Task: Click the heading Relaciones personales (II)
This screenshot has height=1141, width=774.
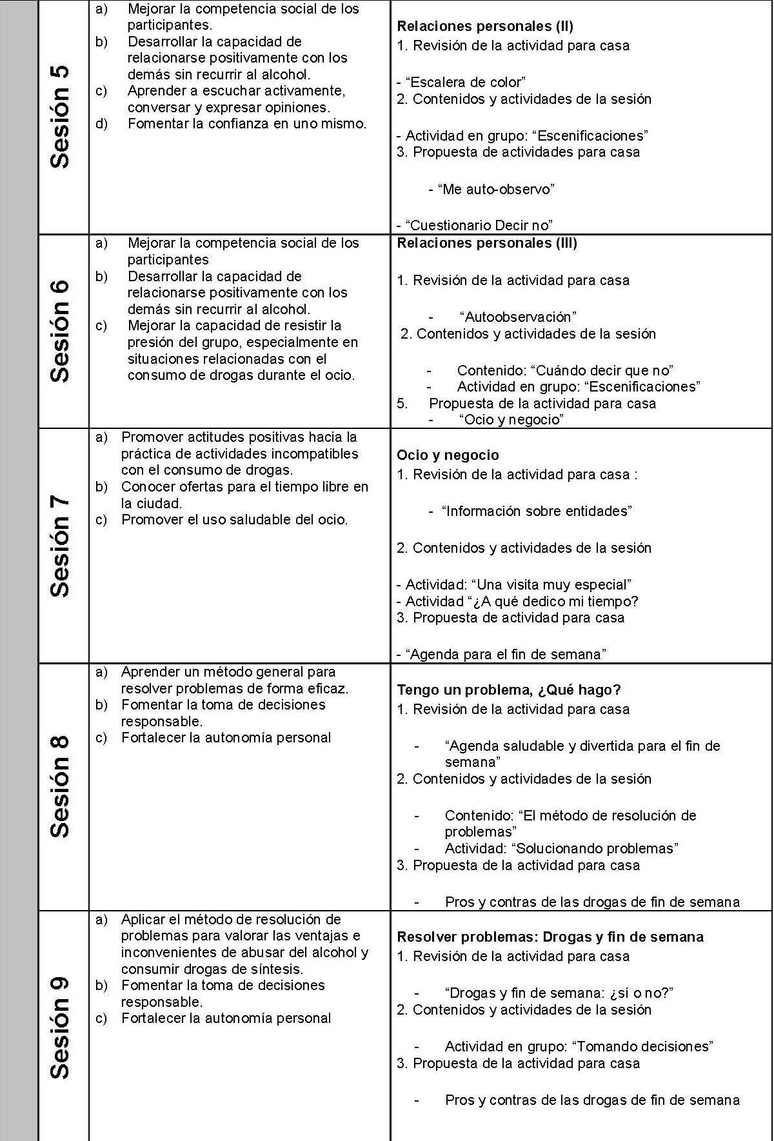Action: pos(485,26)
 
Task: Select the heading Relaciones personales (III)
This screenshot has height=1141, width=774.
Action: pos(487,243)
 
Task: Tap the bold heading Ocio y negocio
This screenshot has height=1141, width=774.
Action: pos(448,455)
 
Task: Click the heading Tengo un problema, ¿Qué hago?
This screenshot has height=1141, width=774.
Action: pos(508,690)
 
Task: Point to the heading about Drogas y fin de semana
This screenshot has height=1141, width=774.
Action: pos(550,937)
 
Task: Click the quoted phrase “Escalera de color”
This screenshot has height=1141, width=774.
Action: pos(465,83)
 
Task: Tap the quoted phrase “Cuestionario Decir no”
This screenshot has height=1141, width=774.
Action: pos(479,226)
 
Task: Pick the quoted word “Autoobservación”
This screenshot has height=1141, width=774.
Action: pos(518,317)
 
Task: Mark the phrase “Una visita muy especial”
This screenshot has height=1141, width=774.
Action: pos(551,585)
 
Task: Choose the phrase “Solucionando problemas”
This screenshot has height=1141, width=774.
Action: pos(595,848)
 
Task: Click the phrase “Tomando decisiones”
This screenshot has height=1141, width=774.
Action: pos(642,1046)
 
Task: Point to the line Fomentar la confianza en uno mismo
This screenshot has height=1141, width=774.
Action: pos(247,124)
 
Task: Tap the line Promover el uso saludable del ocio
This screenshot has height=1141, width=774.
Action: pos(234,520)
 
